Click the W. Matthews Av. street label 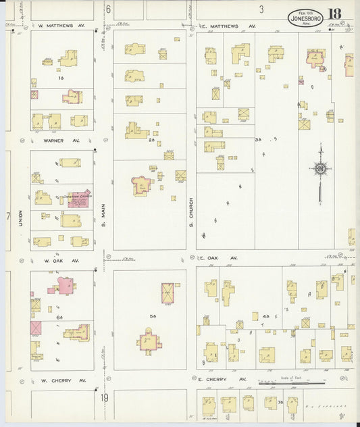pos(61,26)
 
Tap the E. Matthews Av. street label pos(228,26)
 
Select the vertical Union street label pos(21,218)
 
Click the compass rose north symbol pos(320,168)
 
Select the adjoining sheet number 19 pos(105,398)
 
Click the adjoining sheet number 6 pos(107,9)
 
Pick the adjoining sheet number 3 pos(261,9)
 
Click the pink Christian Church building pos(79,199)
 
